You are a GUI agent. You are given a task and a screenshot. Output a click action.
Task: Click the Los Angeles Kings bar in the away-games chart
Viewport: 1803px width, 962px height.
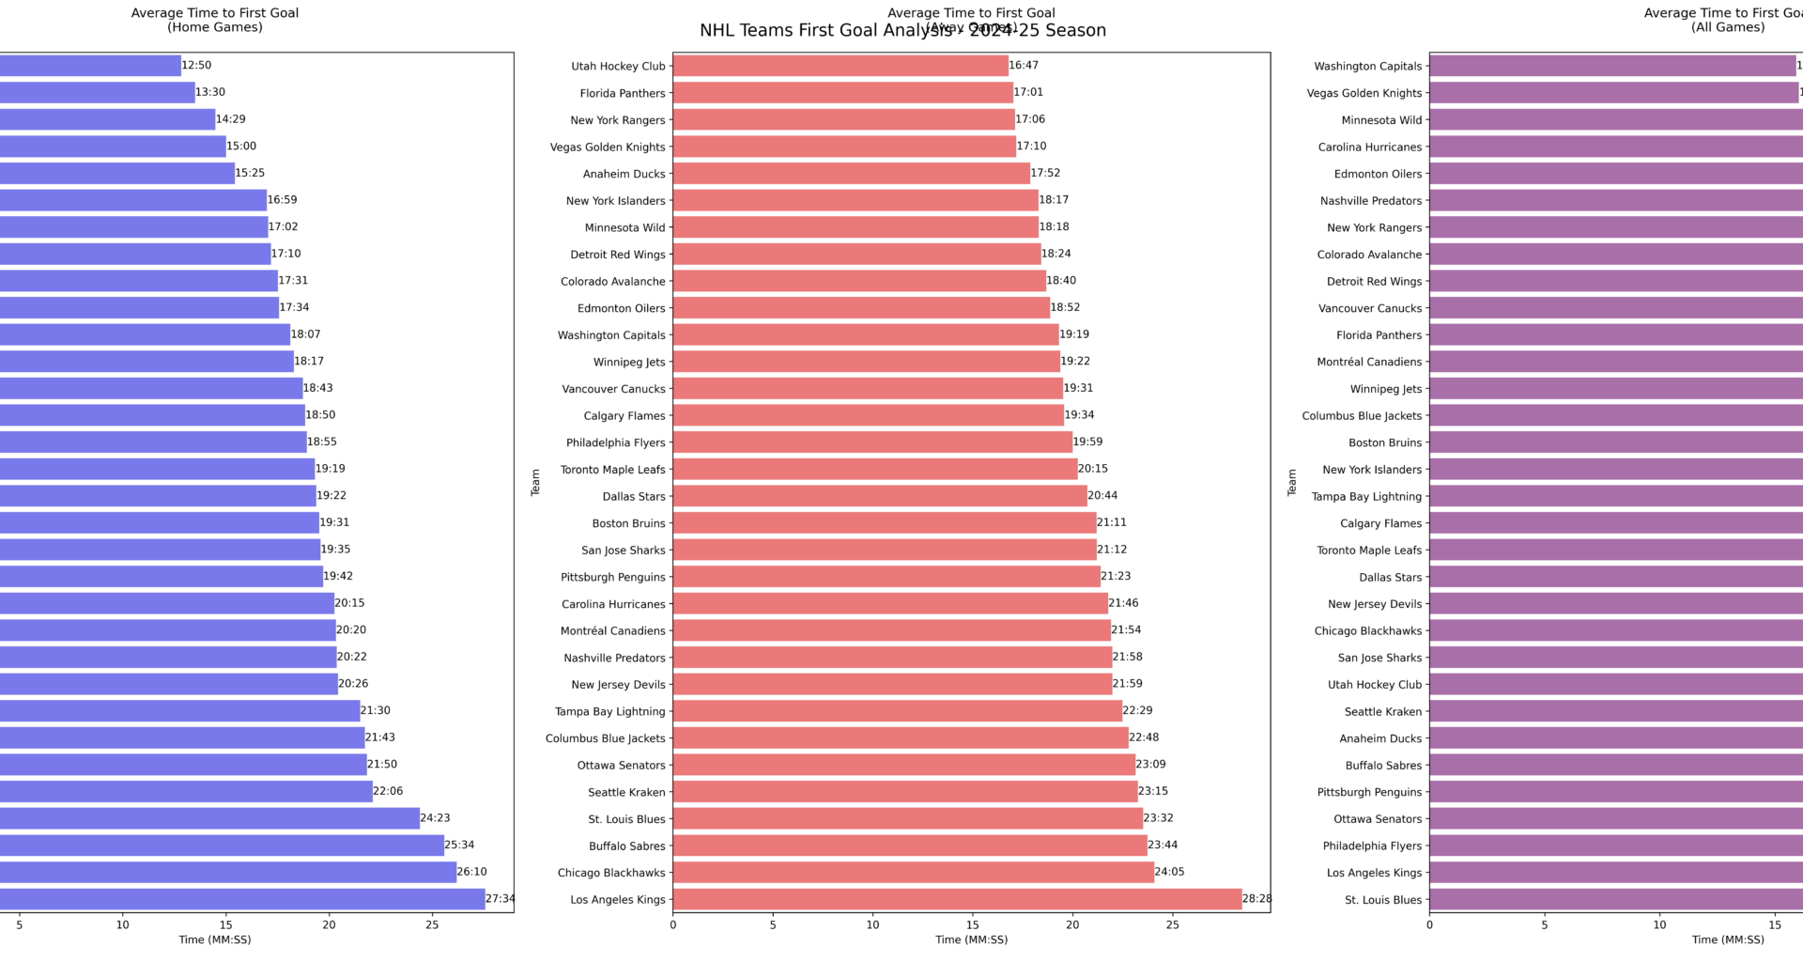[957, 899]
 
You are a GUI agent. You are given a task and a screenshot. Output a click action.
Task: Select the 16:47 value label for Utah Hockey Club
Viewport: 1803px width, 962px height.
[1024, 66]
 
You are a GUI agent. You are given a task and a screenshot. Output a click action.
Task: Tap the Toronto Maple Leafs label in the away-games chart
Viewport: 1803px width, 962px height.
[612, 470]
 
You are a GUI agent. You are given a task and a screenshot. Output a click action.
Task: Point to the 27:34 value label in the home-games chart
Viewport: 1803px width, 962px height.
[500, 899]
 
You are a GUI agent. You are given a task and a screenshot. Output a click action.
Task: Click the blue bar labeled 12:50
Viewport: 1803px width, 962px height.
[89, 66]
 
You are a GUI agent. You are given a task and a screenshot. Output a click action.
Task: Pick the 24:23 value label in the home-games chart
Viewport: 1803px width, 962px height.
[435, 818]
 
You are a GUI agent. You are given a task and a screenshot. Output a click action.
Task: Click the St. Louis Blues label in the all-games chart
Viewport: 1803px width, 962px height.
[1382, 900]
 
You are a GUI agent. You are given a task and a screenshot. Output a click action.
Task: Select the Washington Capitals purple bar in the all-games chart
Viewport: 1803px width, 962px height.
[1611, 66]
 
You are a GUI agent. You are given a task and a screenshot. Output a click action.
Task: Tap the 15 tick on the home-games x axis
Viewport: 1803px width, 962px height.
[225, 924]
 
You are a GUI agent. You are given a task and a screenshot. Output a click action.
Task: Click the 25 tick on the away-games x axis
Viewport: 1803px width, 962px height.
[1172, 924]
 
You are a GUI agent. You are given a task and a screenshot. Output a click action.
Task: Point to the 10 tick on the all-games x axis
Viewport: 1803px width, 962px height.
[1659, 924]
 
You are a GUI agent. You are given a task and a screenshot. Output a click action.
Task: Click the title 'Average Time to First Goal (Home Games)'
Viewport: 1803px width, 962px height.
[215, 20]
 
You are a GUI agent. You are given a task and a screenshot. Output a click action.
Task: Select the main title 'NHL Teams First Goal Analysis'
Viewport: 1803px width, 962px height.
[902, 31]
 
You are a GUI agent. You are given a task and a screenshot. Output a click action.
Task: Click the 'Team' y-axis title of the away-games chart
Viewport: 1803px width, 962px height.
[535, 482]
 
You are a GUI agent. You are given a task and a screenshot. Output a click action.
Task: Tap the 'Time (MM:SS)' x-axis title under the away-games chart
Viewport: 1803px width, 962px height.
[971, 939]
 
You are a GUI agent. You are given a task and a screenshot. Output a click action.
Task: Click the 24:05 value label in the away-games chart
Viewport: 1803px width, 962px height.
[1169, 872]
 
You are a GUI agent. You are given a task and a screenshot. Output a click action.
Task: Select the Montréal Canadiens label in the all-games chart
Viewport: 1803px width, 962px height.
[1369, 362]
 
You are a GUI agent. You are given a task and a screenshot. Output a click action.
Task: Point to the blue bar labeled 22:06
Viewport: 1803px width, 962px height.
[186, 792]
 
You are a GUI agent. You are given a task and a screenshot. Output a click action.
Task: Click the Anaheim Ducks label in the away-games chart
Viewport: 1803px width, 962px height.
[624, 174]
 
